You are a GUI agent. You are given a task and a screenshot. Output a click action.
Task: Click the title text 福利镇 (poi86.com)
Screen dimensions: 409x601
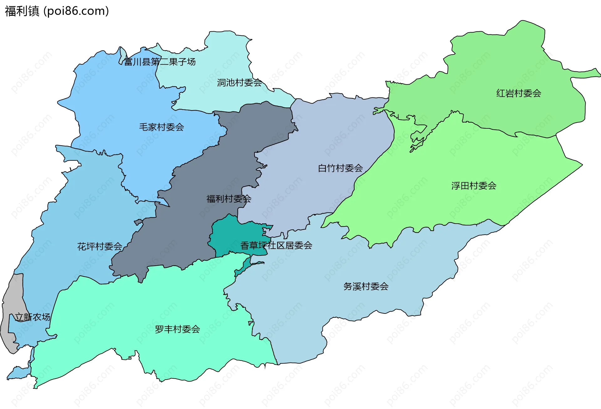(57, 11)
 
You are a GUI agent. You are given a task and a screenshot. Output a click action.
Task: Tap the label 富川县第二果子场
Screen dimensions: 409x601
(160, 62)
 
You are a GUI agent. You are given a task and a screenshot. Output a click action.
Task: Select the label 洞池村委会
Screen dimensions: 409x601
(239, 83)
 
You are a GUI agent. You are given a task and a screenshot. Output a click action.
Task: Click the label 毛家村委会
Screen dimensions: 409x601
(161, 127)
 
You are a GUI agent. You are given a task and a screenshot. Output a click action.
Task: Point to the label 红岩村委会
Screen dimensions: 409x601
(519, 93)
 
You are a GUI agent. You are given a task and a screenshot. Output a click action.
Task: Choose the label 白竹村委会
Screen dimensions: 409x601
(340, 168)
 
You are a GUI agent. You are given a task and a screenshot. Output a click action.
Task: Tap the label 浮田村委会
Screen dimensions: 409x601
(474, 186)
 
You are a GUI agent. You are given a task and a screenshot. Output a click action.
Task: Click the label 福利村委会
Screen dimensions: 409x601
(229, 199)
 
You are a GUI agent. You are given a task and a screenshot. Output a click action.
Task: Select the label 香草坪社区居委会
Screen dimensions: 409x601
(276, 246)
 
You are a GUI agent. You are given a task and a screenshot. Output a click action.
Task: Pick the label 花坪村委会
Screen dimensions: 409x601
(100, 246)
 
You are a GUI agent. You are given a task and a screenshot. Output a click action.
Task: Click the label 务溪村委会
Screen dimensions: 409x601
(366, 286)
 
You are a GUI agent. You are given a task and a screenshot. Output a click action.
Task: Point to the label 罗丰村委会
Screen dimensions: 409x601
(177, 329)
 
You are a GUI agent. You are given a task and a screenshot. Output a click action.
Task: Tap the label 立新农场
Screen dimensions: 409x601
(33, 317)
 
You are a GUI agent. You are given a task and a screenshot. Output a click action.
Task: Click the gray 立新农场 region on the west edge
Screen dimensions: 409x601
(13, 298)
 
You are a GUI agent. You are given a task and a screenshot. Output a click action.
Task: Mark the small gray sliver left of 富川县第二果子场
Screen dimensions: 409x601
(122, 54)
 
